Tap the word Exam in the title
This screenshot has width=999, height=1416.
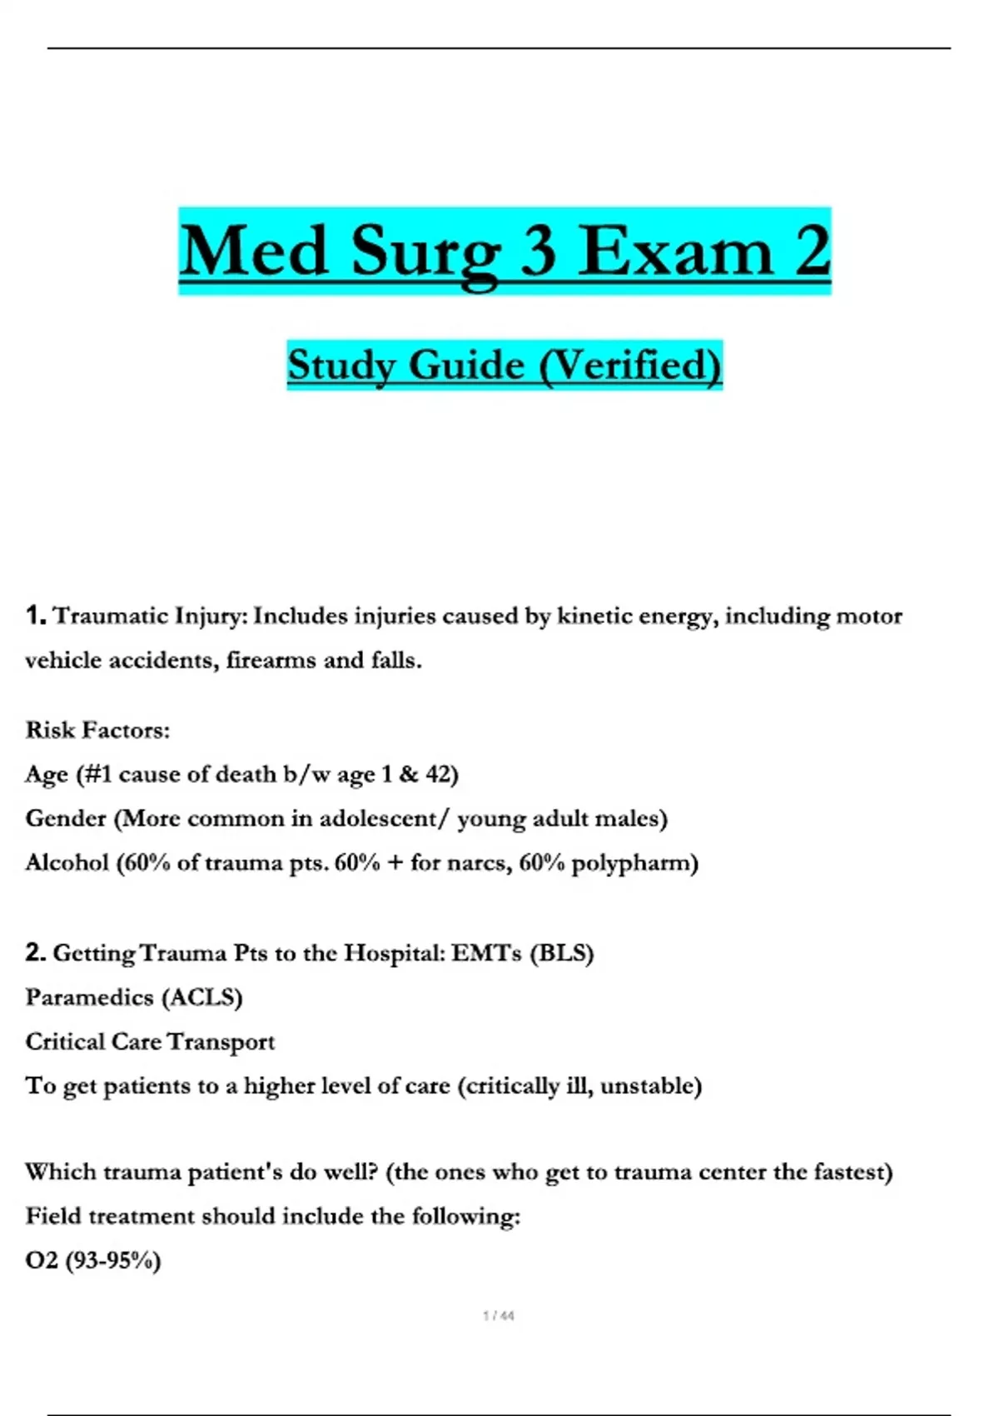[676, 252]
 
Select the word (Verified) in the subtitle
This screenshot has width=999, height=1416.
[630, 365]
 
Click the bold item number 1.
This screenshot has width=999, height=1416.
[35, 616]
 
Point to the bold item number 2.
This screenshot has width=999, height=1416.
[35, 952]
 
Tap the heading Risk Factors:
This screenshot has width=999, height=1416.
[97, 730]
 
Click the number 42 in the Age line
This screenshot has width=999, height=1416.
[439, 775]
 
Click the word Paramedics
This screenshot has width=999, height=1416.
[89, 997]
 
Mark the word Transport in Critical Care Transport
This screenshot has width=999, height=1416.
[221, 1041]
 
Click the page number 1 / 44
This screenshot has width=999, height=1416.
[499, 1316]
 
